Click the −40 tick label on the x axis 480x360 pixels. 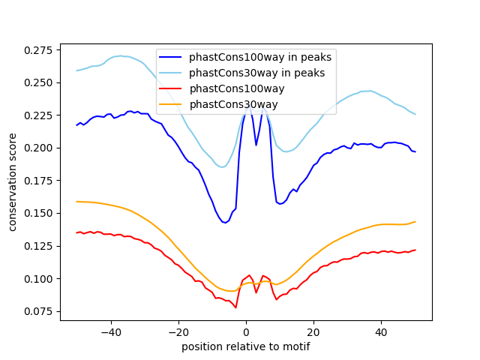111,331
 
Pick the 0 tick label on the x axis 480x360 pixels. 246,331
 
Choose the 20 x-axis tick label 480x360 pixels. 313,331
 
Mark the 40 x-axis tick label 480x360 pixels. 381,331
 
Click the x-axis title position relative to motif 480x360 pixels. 246,346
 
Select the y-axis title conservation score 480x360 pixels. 13,182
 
